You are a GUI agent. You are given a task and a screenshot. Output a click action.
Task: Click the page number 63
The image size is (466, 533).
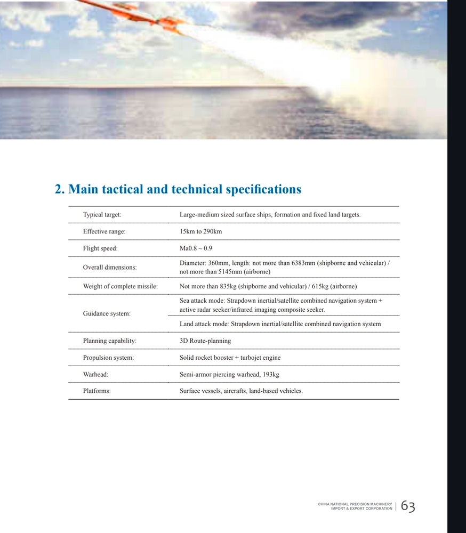(408, 506)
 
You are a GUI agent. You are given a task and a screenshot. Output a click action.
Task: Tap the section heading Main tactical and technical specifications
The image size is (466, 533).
(178, 189)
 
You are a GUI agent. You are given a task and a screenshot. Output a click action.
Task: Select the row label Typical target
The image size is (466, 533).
(102, 215)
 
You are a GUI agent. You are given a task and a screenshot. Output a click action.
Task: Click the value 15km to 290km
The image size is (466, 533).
(200, 232)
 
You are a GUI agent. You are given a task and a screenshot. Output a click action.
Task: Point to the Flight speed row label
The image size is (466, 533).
(100, 248)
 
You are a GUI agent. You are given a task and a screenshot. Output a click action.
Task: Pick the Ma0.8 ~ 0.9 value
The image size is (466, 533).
(196, 248)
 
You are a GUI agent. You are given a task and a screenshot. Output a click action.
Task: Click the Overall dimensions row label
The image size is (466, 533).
(110, 268)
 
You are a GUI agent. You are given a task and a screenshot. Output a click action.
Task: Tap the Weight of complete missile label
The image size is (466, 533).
(120, 287)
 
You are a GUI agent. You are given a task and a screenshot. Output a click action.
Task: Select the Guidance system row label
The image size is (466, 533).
(107, 313)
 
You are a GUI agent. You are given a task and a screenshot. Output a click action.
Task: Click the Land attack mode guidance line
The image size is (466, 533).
(280, 324)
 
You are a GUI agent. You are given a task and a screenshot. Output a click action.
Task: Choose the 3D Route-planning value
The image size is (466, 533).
(205, 341)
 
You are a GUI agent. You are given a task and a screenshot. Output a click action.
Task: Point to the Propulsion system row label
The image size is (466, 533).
(108, 358)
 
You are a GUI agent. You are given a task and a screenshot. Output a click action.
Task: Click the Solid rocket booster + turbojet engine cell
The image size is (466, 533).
(230, 358)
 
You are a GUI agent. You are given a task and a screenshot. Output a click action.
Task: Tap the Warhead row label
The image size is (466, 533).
(95, 375)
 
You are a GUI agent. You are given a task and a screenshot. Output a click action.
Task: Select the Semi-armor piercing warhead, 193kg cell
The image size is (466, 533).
(229, 375)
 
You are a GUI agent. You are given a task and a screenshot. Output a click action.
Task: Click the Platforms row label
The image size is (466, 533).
(97, 391)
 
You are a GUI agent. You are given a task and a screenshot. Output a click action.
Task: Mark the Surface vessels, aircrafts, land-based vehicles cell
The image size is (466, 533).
(241, 391)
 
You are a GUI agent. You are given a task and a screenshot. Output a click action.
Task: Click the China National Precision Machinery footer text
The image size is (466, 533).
(355, 506)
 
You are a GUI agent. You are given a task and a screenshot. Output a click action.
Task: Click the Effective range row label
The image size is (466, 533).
(104, 232)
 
